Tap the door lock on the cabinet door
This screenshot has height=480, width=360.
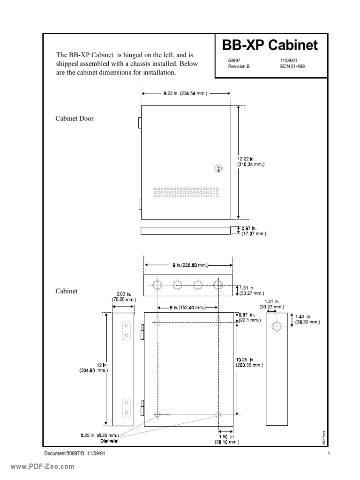click(217, 168)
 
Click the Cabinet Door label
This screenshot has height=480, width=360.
click(75, 119)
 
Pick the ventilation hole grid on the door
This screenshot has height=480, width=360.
click(186, 193)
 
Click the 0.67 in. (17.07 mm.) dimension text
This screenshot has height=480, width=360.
click(254, 230)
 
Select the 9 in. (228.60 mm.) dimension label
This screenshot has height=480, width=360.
click(189, 265)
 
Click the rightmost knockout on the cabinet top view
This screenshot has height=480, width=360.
click(217, 285)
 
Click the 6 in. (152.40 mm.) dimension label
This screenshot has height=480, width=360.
click(187, 307)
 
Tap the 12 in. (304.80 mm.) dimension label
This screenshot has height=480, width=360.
click(94, 367)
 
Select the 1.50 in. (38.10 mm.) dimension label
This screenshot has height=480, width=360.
click(227, 439)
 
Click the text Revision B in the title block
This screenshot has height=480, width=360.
click(239, 66)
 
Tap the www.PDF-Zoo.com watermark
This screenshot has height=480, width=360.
click(39, 466)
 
